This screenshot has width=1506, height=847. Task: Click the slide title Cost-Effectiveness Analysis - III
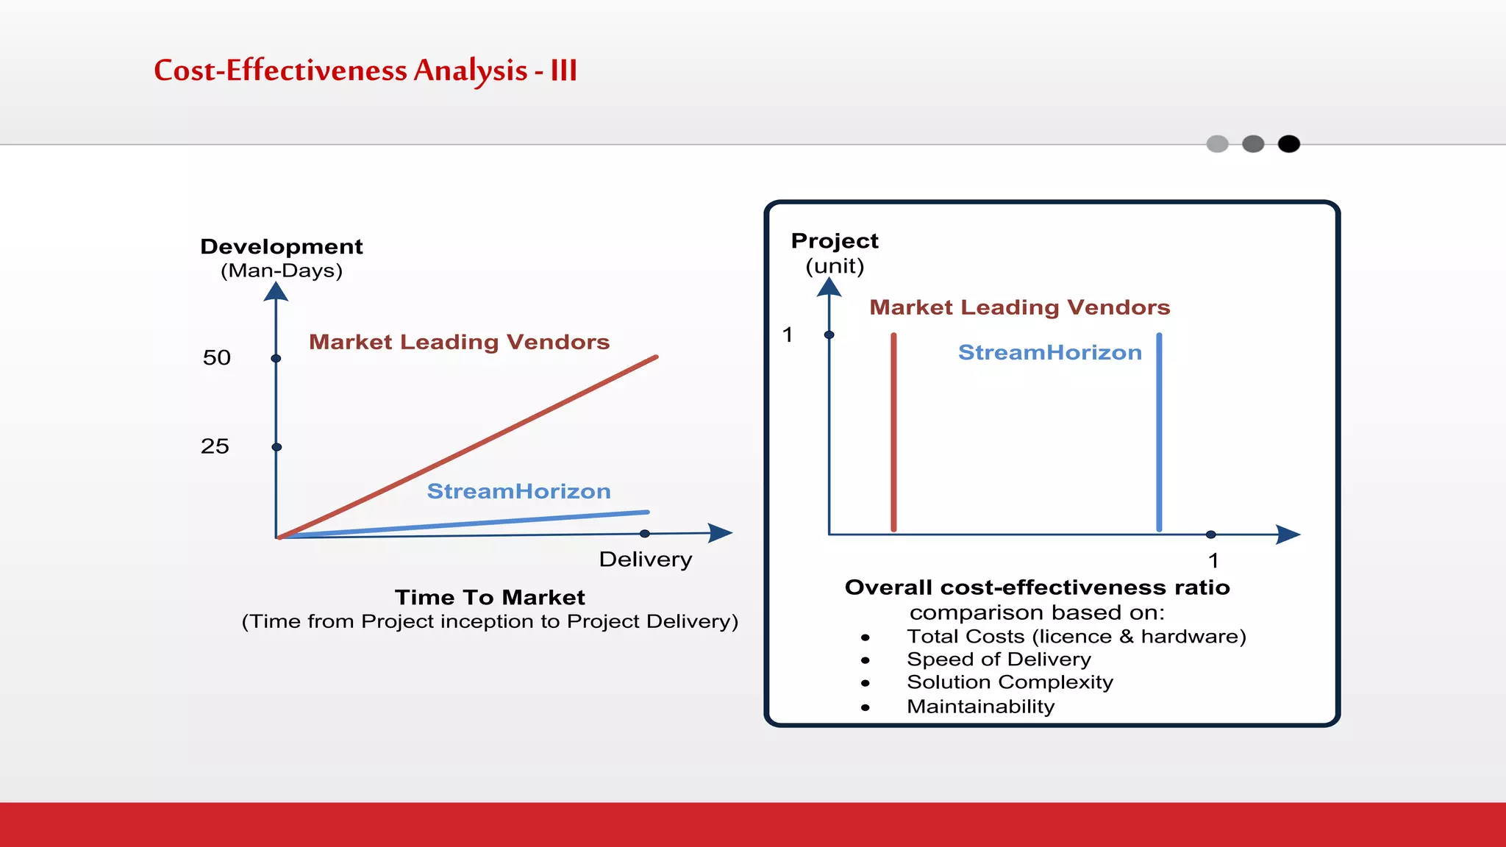click(365, 71)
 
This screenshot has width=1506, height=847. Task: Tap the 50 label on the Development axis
click(217, 358)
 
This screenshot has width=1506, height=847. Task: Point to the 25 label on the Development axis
click(215, 446)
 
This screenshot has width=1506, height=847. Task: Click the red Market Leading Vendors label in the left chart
click(459, 342)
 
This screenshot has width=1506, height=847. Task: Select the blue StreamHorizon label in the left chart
click(518, 491)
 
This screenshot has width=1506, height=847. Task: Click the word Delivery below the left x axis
click(645, 560)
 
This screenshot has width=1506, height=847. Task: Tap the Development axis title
click(282, 247)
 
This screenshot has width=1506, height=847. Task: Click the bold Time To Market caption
click(490, 597)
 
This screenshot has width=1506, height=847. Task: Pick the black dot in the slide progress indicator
click(1288, 144)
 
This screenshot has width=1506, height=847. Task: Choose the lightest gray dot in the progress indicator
click(1217, 144)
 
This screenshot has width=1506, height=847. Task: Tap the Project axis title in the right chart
click(835, 241)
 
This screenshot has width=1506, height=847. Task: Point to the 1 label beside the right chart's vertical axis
click(788, 335)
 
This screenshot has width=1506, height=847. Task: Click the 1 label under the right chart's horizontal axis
click(1213, 561)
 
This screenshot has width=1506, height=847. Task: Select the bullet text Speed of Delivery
click(999, 660)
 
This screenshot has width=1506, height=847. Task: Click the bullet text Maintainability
click(980, 707)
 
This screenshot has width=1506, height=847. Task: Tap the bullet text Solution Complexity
click(1010, 682)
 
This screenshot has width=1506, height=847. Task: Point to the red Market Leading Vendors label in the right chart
click(1019, 307)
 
